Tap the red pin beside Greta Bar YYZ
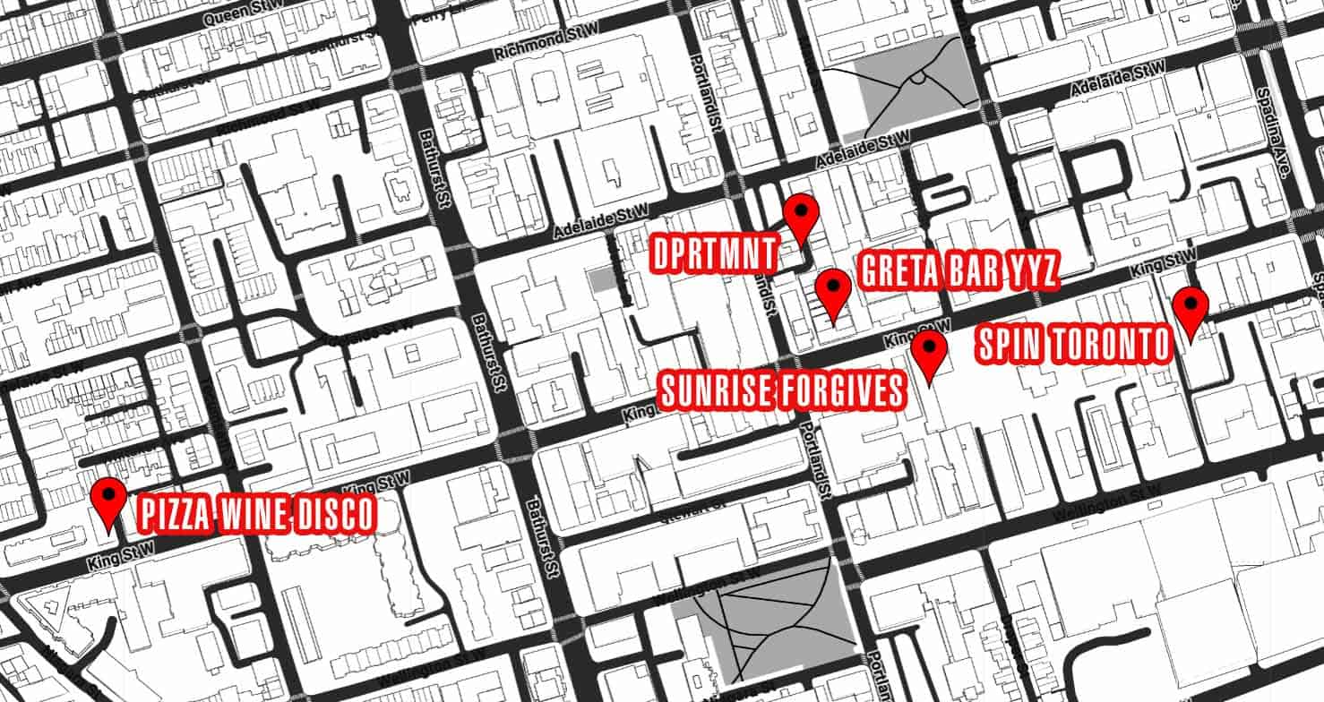pos(834,289)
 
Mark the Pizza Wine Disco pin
pos(110,499)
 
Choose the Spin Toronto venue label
pos(1073,346)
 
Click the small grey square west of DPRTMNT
pos(603,280)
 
